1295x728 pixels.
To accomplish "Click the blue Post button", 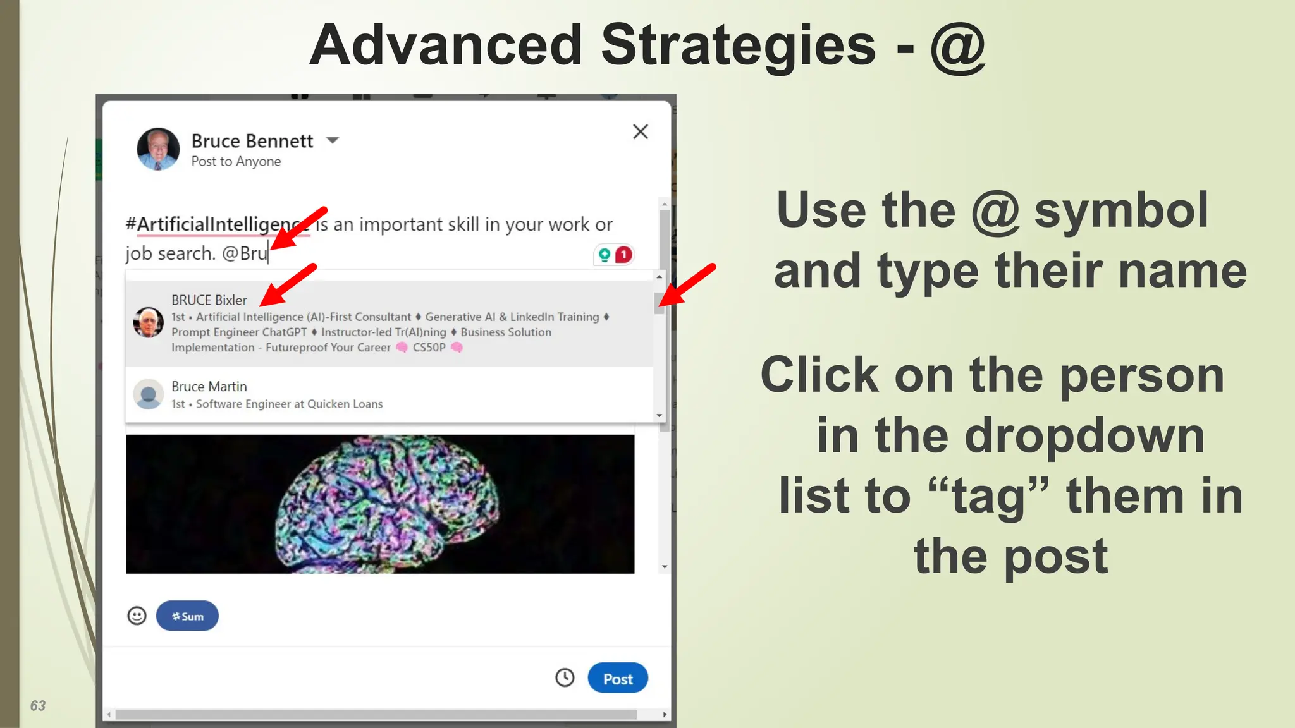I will [617, 678].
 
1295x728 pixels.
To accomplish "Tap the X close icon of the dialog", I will [640, 131].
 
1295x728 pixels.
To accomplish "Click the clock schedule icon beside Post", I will [564, 677].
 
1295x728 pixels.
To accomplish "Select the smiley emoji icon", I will [137, 616].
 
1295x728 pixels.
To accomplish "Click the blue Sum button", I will [187, 616].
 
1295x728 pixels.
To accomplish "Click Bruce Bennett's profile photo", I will [158, 149].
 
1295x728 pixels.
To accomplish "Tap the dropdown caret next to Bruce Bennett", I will [333, 140].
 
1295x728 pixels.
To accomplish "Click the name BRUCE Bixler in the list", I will [209, 300].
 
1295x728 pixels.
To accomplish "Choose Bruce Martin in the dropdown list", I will [209, 386].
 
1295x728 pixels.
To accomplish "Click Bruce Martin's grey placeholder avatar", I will [149, 394].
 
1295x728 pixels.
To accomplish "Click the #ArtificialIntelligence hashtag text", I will [209, 224].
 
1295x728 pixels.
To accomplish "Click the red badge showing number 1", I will [623, 255].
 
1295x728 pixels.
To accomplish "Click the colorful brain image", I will [379, 504].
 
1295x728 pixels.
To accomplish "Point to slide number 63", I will [38, 705].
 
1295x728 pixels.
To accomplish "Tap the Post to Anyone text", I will [236, 162].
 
